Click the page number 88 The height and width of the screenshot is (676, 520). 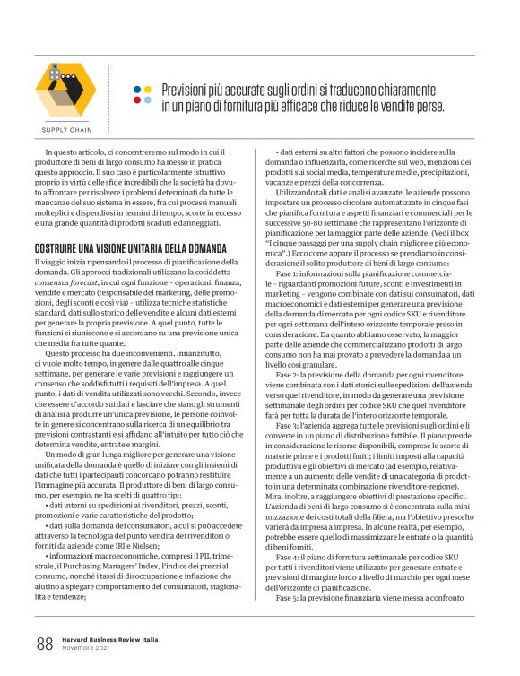click(44, 644)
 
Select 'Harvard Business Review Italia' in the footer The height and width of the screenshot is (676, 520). click(108, 638)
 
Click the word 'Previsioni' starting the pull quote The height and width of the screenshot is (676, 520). click(188, 91)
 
